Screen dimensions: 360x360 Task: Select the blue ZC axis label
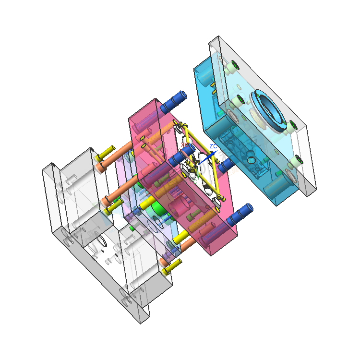[x=214, y=146]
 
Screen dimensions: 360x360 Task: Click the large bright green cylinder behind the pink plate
[x=156, y=209]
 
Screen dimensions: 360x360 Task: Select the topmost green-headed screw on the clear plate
[x=234, y=65]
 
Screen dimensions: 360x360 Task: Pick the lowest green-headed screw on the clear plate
[x=298, y=161]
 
